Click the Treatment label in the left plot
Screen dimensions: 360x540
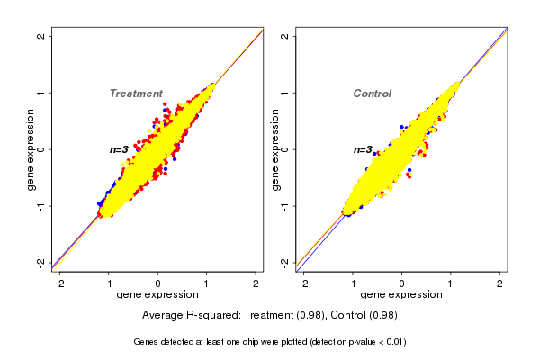pyautogui.click(x=136, y=94)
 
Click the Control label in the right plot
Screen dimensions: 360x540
pyautogui.click(x=372, y=94)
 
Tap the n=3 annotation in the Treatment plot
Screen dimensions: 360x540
pyautogui.click(x=120, y=149)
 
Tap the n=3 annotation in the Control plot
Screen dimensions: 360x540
pyautogui.click(x=363, y=149)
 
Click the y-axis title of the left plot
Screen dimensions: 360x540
pyautogui.click(x=31, y=149)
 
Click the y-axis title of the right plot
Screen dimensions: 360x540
pyautogui.click(x=274, y=149)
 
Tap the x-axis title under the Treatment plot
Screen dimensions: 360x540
pyautogui.click(x=157, y=295)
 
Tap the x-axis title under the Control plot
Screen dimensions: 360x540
pyautogui.click(x=401, y=295)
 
